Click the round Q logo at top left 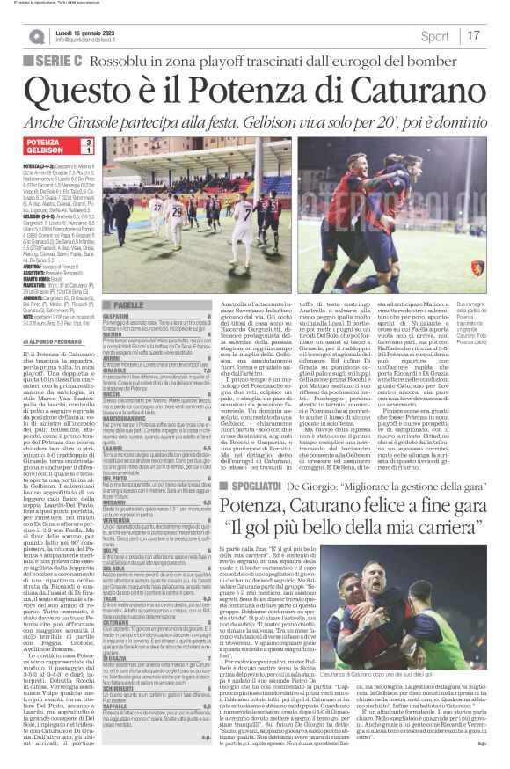[x=36, y=36]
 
